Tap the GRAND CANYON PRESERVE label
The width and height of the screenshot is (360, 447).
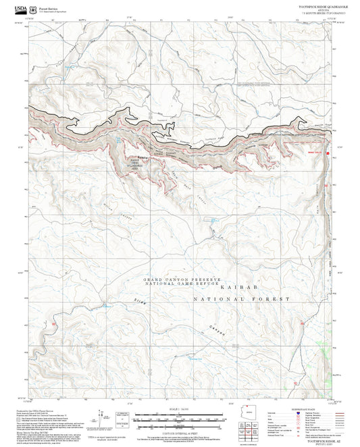pos(182,279)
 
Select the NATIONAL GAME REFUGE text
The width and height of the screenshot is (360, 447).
pos(182,284)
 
